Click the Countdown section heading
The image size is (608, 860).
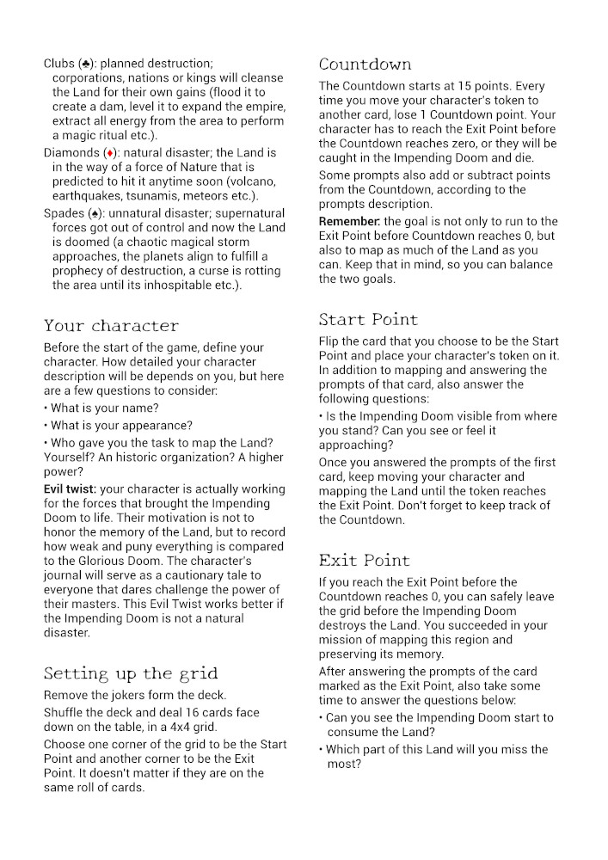click(365, 64)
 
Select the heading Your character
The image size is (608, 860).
click(111, 326)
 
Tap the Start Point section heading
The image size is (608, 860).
click(368, 320)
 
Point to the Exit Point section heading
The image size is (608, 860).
click(364, 561)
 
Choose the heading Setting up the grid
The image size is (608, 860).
click(130, 673)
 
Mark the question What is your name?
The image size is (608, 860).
click(104, 408)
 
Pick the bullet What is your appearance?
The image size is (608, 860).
click(121, 425)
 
